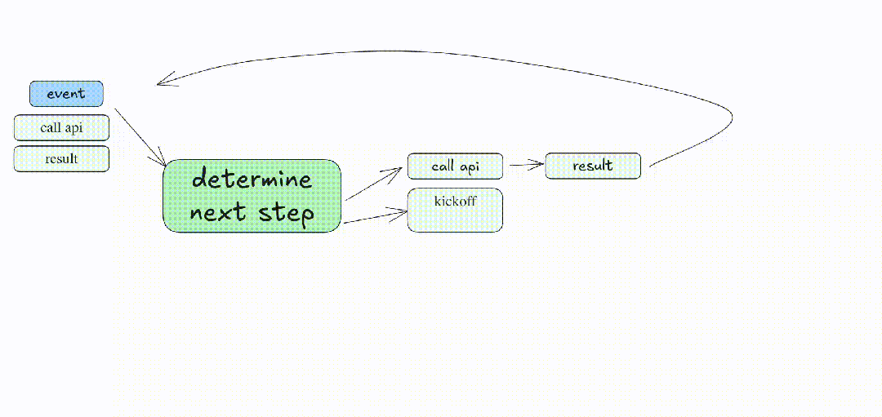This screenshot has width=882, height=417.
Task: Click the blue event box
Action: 66,94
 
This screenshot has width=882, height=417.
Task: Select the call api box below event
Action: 61,128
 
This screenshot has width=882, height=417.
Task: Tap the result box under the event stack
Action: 61,158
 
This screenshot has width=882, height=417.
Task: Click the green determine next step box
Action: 252,196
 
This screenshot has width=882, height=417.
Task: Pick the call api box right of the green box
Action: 455,166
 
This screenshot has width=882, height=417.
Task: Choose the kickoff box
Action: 455,211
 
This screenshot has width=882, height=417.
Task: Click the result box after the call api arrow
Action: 592,166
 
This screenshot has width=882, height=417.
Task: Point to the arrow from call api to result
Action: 524,165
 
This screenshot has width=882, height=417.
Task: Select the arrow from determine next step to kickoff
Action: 374,216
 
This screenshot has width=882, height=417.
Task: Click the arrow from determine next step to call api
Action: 373,184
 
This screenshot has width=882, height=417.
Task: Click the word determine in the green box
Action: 252,180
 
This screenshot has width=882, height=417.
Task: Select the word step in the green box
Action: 286,214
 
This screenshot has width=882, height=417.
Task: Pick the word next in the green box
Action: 218,214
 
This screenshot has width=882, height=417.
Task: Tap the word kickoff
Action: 455,201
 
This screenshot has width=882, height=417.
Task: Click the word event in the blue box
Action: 66,94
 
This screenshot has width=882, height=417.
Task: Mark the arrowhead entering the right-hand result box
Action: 539,165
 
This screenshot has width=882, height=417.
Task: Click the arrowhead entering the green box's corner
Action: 163,163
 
